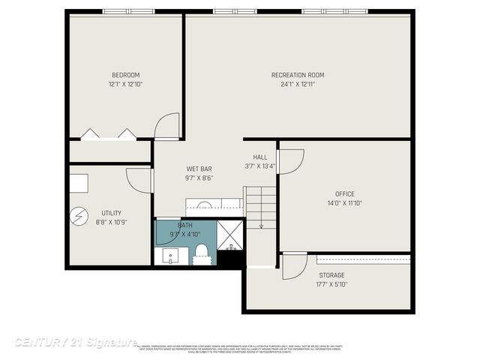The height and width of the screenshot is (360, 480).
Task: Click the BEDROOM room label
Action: click(x=125, y=75)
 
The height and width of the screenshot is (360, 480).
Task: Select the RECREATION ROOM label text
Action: click(x=298, y=75)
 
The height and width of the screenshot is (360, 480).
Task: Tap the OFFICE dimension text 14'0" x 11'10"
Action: click(x=345, y=203)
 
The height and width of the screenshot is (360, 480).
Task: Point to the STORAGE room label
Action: click(x=331, y=274)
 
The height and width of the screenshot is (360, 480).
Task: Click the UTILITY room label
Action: click(x=111, y=213)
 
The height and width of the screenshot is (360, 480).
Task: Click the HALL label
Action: click(x=260, y=157)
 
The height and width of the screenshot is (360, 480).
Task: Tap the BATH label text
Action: click(x=185, y=225)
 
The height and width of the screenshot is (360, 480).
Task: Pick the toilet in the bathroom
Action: click(x=201, y=253)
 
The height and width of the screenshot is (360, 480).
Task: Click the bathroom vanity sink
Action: click(x=171, y=256)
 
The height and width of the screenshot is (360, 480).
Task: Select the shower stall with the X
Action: click(x=230, y=235)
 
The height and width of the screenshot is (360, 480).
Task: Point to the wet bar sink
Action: click(x=203, y=205)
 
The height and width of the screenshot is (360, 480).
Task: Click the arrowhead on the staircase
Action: click(x=261, y=225)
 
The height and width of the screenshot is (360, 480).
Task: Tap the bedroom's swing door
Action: click(x=167, y=125)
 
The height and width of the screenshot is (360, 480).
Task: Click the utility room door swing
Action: click(x=139, y=180)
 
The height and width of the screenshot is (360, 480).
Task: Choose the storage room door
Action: click(x=294, y=266)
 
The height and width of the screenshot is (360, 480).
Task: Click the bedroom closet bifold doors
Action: click(x=109, y=134)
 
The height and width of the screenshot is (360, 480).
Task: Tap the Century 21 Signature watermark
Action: click(x=75, y=342)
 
